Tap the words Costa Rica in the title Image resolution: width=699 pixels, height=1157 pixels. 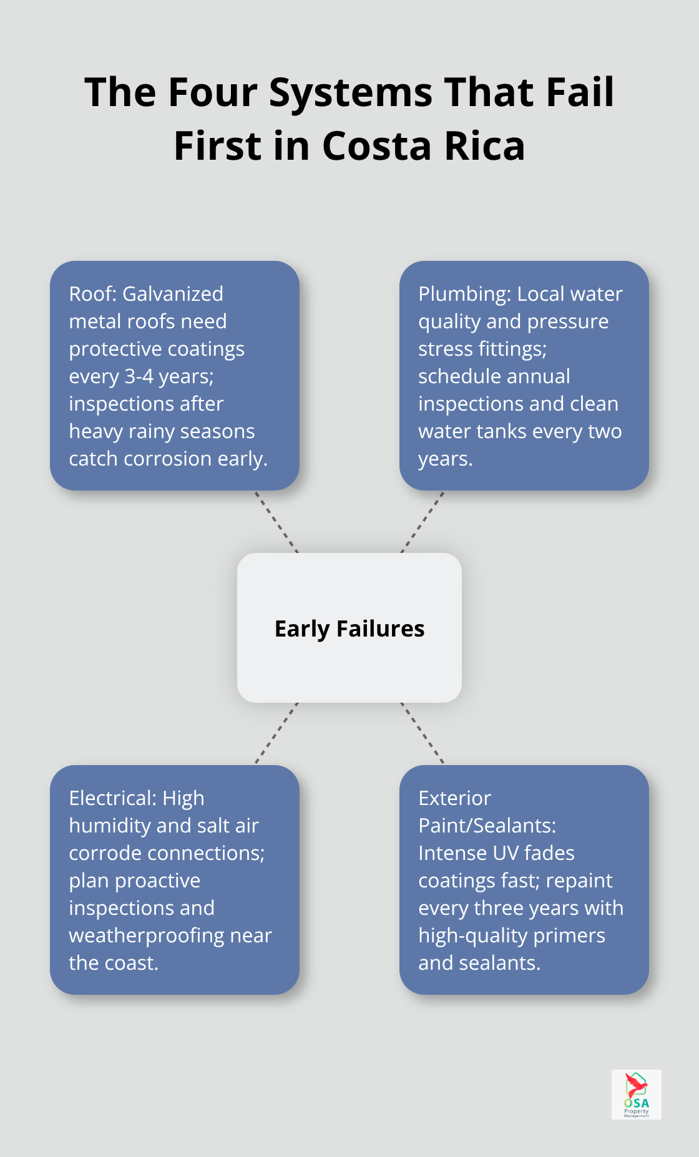click(x=423, y=147)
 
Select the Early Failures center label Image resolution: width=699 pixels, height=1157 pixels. click(x=349, y=629)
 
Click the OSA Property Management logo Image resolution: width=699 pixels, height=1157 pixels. click(x=637, y=1095)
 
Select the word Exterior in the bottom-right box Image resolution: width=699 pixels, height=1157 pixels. click(x=455, y=798)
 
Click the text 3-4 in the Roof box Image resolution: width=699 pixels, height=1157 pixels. click(x=139, y=376)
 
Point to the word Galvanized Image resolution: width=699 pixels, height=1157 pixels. click(x=173, y=295)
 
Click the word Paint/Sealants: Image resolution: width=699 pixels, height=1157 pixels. click(x=487, y=826)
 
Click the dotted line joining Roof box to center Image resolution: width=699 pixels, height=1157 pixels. click(x=276, y=522)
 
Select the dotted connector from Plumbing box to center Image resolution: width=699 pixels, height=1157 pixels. click(x=423, y=522)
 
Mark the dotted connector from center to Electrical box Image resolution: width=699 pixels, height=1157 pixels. click(x=276, y=734)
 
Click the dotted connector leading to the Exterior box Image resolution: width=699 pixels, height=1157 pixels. click(x=423, y=734)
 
